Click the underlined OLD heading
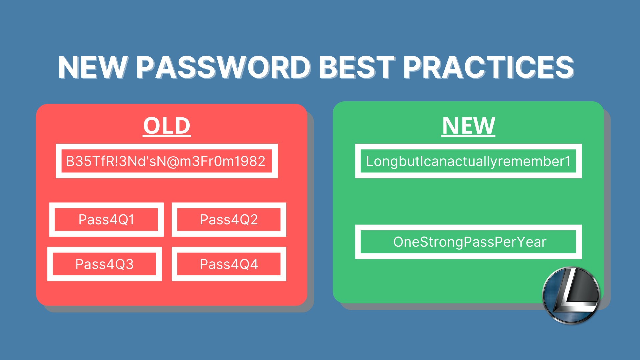167,126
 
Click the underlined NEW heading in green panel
468,126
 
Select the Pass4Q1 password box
106,220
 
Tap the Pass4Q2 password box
229,220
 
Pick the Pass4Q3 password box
105,264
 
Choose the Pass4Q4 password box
229,264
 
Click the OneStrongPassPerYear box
468,242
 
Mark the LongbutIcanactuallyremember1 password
468,161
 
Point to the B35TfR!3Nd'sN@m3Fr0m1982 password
166,161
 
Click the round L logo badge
571,295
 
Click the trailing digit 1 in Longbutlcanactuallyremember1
567,161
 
